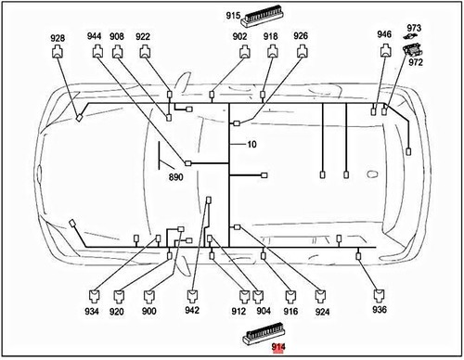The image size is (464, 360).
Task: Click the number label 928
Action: [58, 38]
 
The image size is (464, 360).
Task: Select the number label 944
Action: [95, 36]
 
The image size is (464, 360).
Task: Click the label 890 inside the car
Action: [175, 176]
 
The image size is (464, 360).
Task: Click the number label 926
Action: [301, 36]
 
